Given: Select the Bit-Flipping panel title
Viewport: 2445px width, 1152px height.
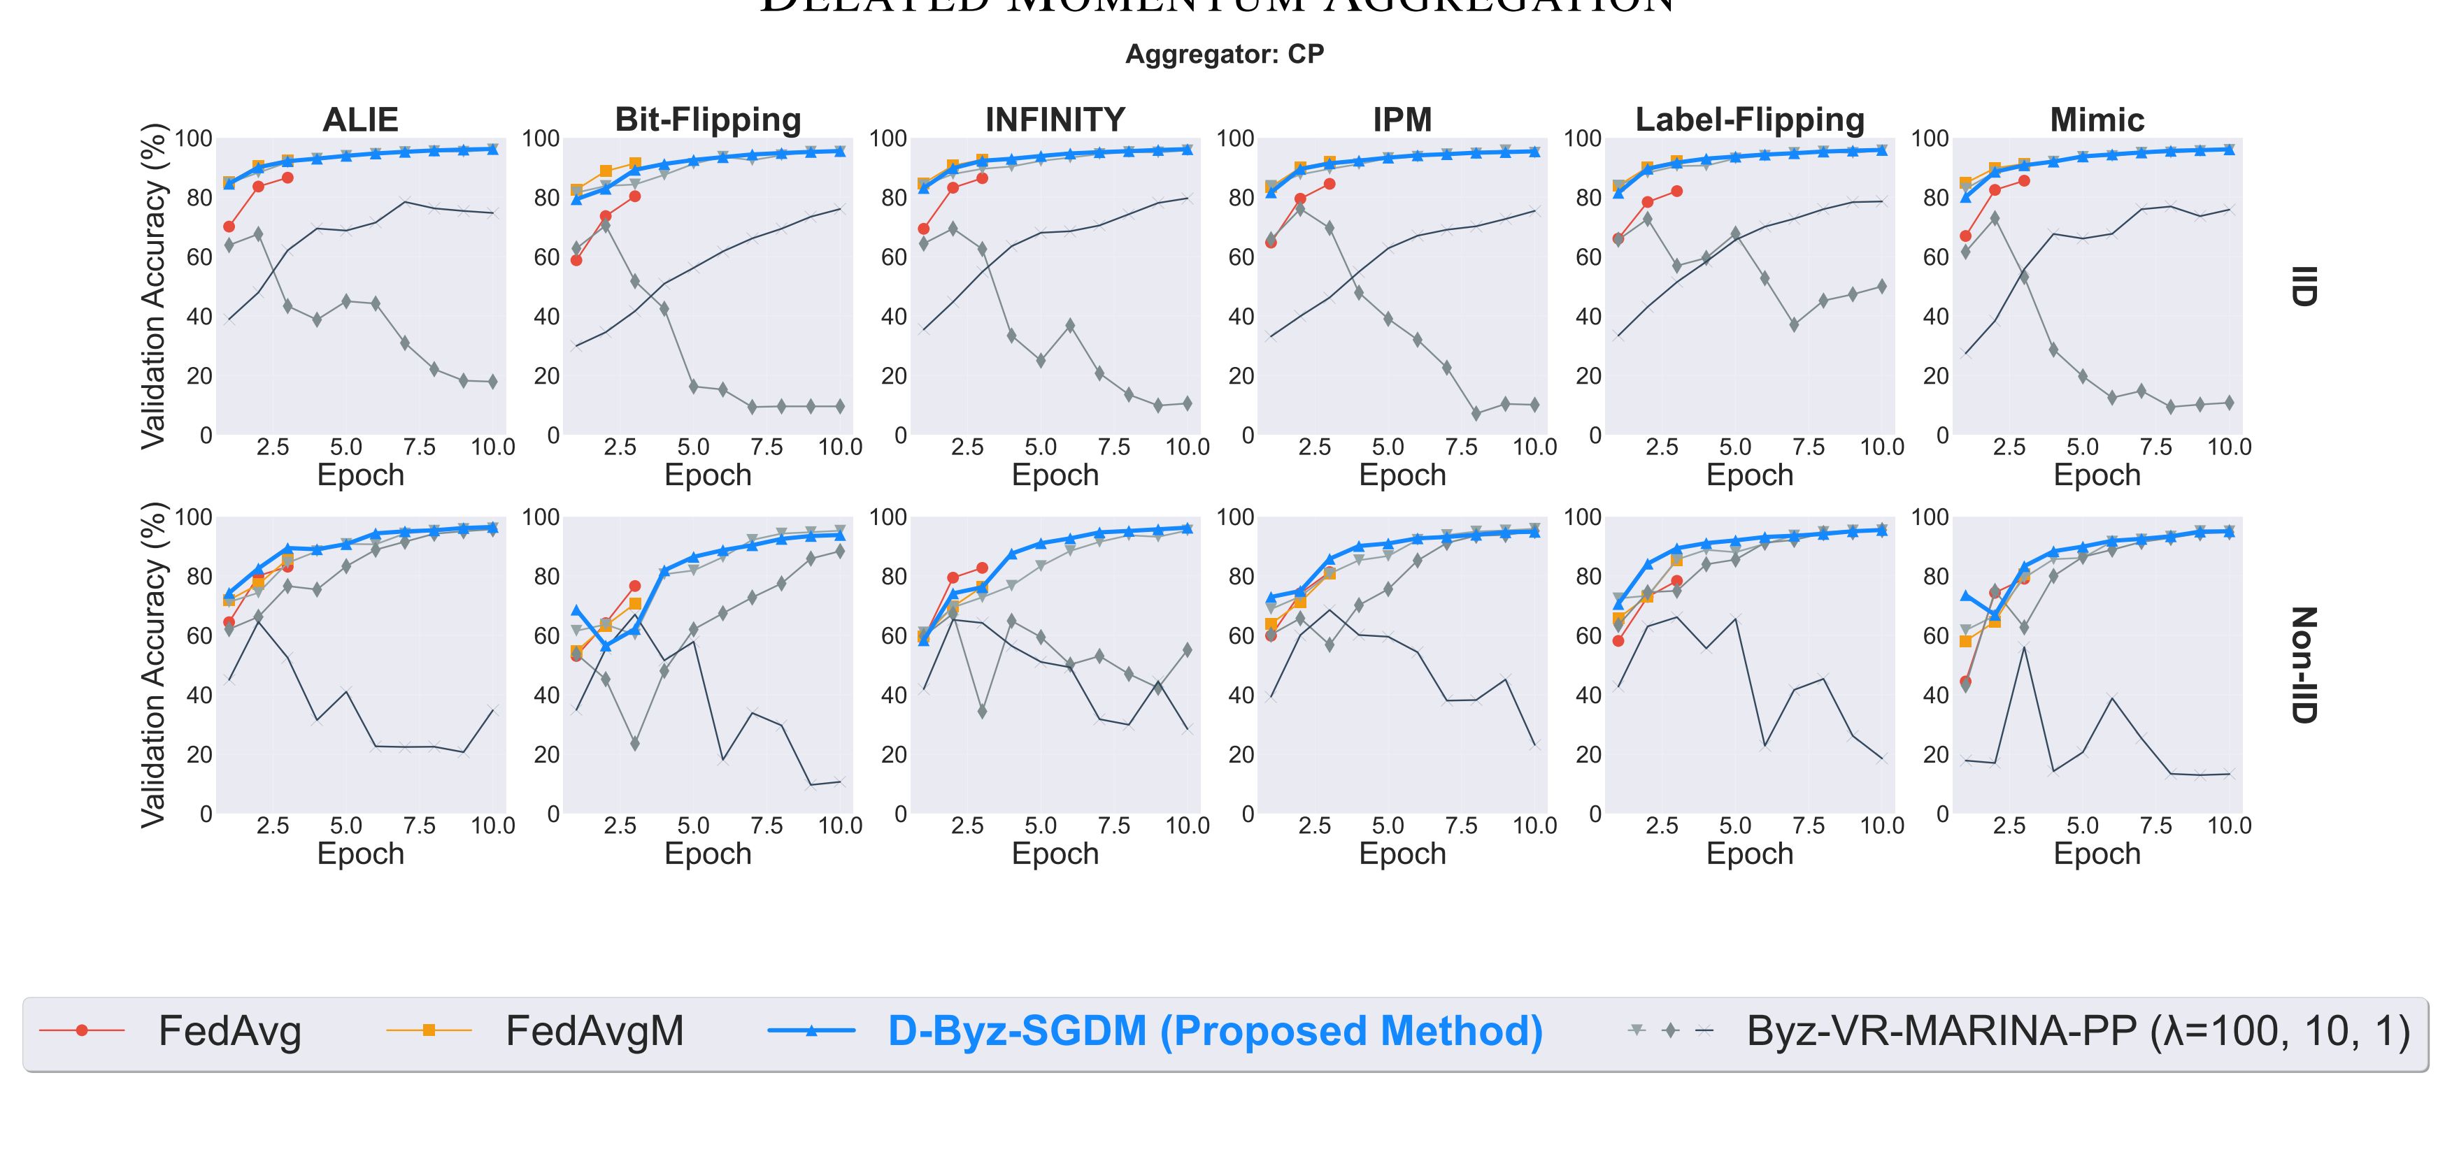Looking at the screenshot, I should [708, 120].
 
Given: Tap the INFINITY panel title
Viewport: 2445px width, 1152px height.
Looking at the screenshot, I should [1055, 120].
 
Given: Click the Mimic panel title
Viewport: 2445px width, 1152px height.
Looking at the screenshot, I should [2097, 120].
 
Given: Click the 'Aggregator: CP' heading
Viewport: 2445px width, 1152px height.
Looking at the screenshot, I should [1225, 54].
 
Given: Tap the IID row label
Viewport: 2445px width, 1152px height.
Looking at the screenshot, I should [2304, 286].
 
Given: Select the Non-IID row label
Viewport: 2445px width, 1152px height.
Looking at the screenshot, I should [2304, 665].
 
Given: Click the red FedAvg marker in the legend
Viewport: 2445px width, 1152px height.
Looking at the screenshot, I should [82, 1030].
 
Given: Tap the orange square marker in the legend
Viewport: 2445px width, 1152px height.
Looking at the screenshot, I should [429, 1030].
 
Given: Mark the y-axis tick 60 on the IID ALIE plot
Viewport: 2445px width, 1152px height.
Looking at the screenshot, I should [200, 257].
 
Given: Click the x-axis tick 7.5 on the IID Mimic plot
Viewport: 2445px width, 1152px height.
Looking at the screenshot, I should [2155, 447].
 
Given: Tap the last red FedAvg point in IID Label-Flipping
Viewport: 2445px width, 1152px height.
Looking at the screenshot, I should [1676, 191].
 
